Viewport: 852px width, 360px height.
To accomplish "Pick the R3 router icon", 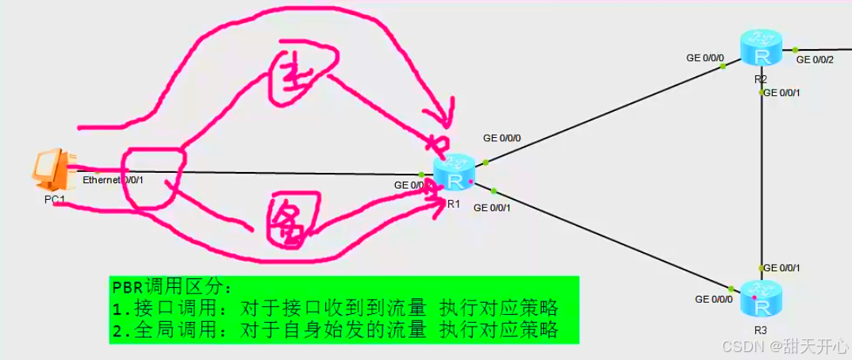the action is point(762,299).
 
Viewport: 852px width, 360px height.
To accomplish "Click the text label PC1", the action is point(54,200).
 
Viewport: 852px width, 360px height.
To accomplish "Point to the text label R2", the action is point(761,79).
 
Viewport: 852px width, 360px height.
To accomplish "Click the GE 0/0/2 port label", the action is point(814,59).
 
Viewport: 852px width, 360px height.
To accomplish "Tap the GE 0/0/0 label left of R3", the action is point(713,299).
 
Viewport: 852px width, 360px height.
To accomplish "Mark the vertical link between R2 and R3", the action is point(762,182).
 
